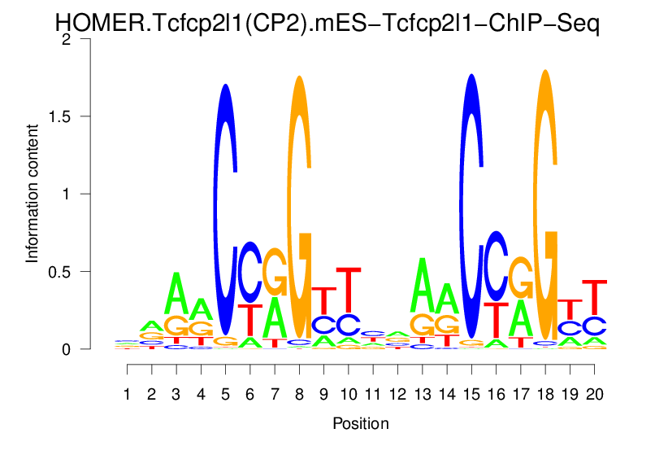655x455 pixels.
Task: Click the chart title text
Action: click(327, 24)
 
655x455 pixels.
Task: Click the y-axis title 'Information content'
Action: click(33, 194)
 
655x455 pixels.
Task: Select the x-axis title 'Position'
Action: click(361, 423)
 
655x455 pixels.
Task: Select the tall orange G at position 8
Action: click(299, 203)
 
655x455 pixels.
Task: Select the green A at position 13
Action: click(422, 285)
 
